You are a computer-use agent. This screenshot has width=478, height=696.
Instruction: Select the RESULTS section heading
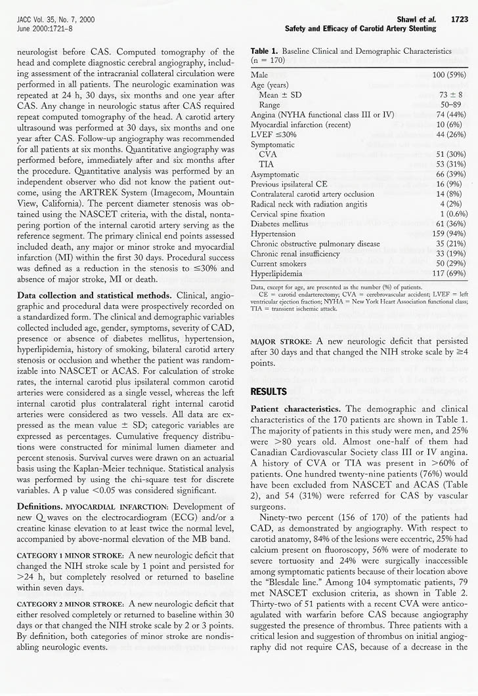pos(269,392)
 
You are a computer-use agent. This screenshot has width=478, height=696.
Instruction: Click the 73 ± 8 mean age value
pos(454,94)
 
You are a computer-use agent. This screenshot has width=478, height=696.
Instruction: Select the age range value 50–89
pos(453,104)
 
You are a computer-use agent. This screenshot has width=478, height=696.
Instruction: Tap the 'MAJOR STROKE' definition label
pos(280,342)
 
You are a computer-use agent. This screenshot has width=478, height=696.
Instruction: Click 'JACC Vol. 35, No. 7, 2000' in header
pos(55,20)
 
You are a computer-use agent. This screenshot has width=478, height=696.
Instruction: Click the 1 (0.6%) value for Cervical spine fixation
pos(448,213)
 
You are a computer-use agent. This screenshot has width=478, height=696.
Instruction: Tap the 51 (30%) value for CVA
pos(450,154)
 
